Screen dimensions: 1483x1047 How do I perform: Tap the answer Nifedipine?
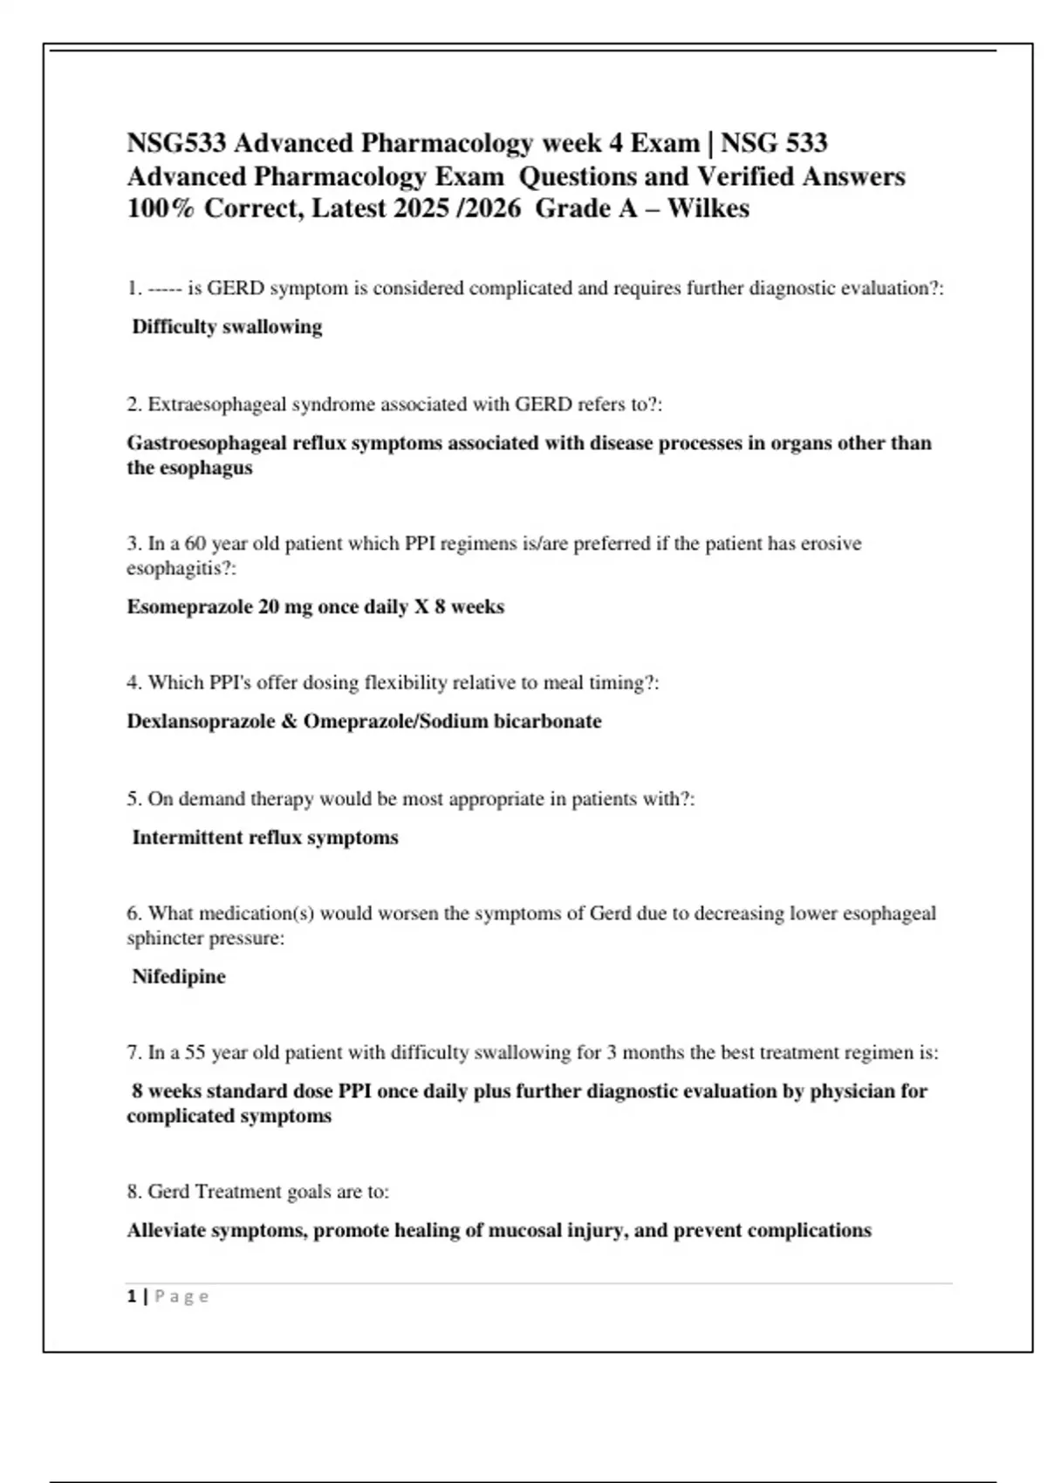(179, 977)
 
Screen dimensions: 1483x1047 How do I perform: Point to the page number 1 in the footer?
(132, 1296)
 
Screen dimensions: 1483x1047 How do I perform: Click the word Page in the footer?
(181, 1296)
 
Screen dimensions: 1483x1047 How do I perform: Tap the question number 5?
(133, 799)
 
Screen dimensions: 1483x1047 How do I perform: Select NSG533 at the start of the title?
(177, 143)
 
